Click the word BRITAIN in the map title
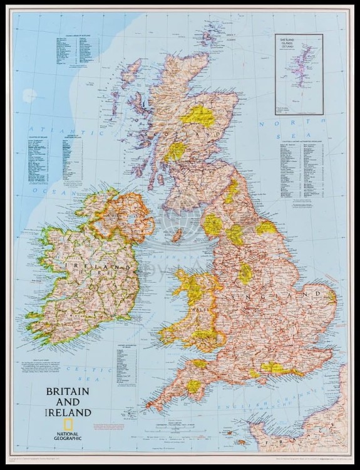(67, 391)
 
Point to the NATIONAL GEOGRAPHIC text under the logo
(69, 430)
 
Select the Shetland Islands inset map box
(299, 74)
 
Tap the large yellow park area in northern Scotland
(198, 115)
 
